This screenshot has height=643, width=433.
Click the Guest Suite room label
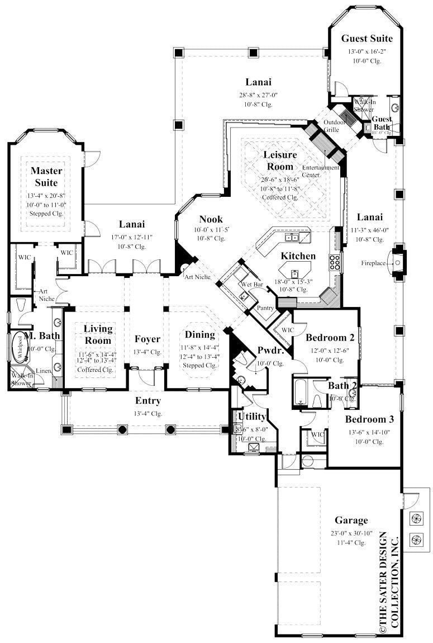click(367, 39)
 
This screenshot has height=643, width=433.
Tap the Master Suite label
click(46, 176)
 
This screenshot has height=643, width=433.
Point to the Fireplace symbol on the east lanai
click(399, 262)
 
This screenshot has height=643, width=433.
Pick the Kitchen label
click(298, 256)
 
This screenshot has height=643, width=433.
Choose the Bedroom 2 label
click(330, 337)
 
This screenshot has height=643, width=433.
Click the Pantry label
click(265, 308)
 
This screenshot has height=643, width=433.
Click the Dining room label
click(199, 335)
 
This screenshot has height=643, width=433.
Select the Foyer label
click(147, 339)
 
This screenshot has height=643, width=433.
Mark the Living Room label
click(98, 334)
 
